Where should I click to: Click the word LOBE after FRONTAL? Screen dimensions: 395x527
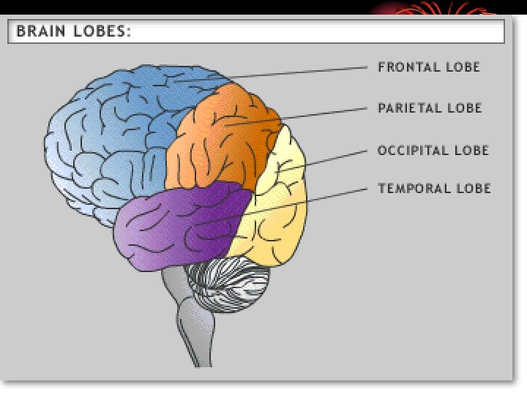click(x=463, y=67)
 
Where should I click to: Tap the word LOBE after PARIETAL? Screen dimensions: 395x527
click(x=465, y=108)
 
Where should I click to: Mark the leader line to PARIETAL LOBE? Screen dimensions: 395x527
click(x=307, y=115)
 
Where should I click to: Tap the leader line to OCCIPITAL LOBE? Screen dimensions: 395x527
click(x=329, y=159)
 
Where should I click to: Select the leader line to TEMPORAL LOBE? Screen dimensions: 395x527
click(x=307, y=201)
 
